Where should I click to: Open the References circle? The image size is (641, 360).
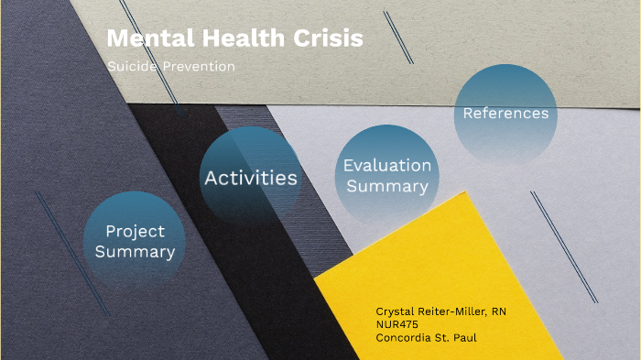tap(505, 115)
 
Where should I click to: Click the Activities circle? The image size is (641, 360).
tap(251, 177)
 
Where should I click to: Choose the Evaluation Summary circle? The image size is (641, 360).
tap(387, 175)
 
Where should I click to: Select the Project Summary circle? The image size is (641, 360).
tap(135, 242)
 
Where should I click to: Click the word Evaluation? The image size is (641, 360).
tap(387, 166)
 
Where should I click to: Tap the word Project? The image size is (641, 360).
tap(135, 231)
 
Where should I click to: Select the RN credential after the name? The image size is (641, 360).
tap(499, 311)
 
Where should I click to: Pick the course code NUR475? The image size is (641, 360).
tap(397, 324)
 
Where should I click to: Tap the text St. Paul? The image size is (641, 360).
tap(459, 337)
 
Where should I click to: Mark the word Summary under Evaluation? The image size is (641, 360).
tap(387, 186)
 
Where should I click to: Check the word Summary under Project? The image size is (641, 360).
tap(135, 251)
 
